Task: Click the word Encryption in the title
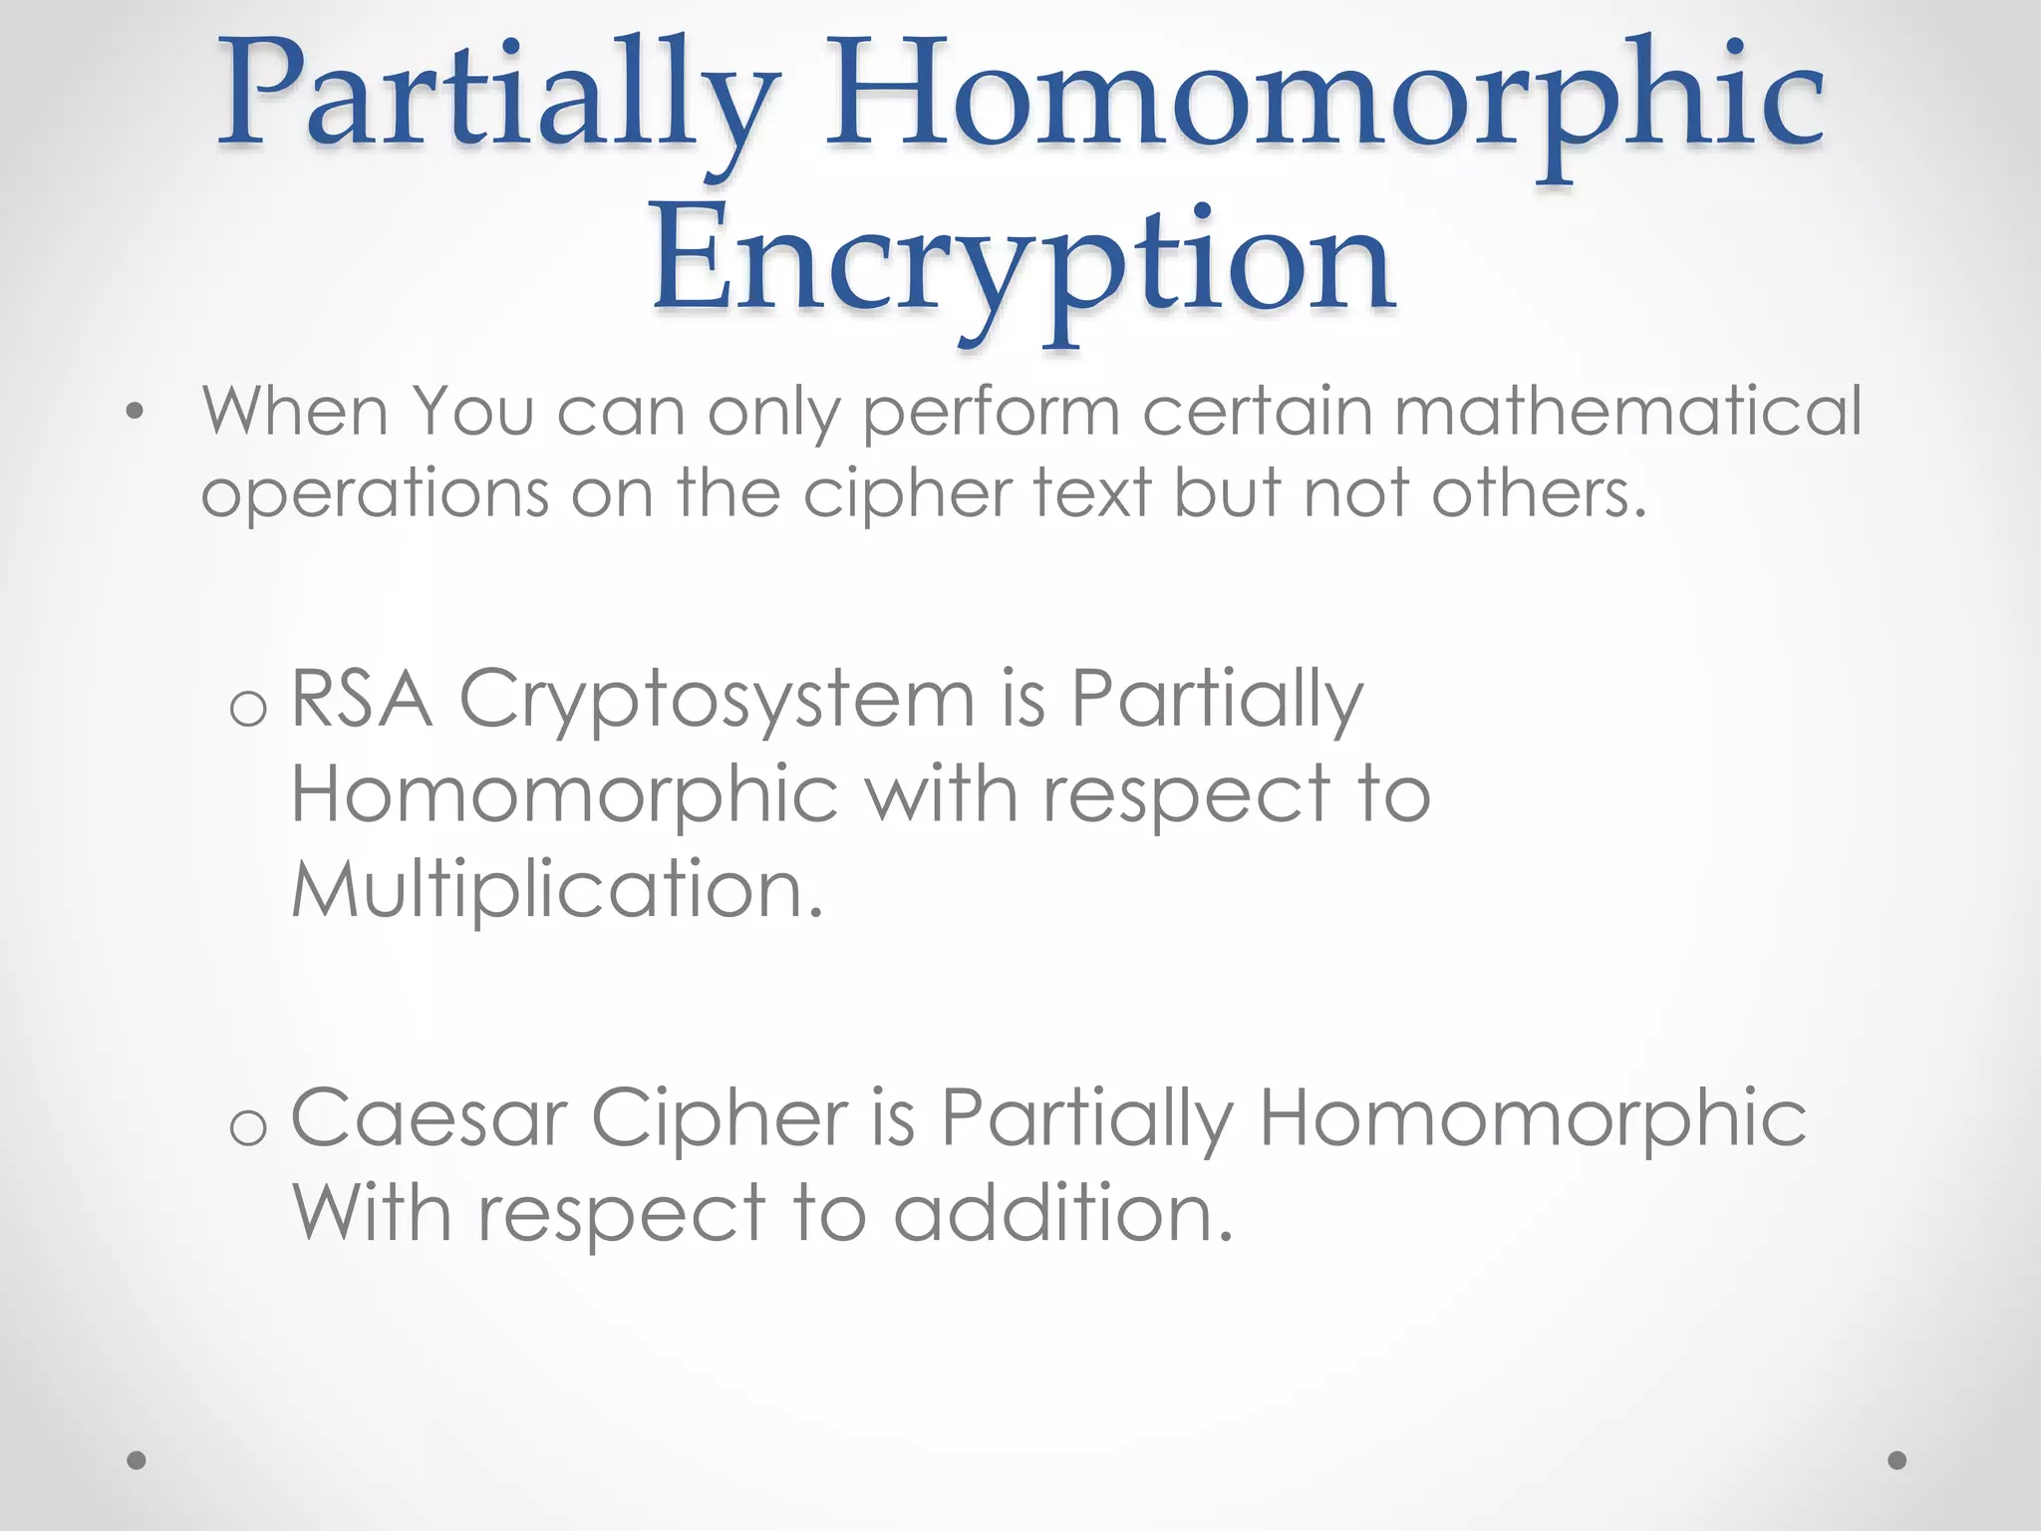point(1022,261)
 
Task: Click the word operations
point(375,494)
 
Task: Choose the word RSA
point(362,699)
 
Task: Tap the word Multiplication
point(557,888)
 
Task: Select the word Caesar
point(430,1118)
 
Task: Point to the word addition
point(1062,1213)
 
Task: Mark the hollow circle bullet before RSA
point(248,708)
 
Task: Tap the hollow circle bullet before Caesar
point(248,1127)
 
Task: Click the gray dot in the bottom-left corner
point(137,1460)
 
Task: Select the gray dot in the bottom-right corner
point(1897,1460)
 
